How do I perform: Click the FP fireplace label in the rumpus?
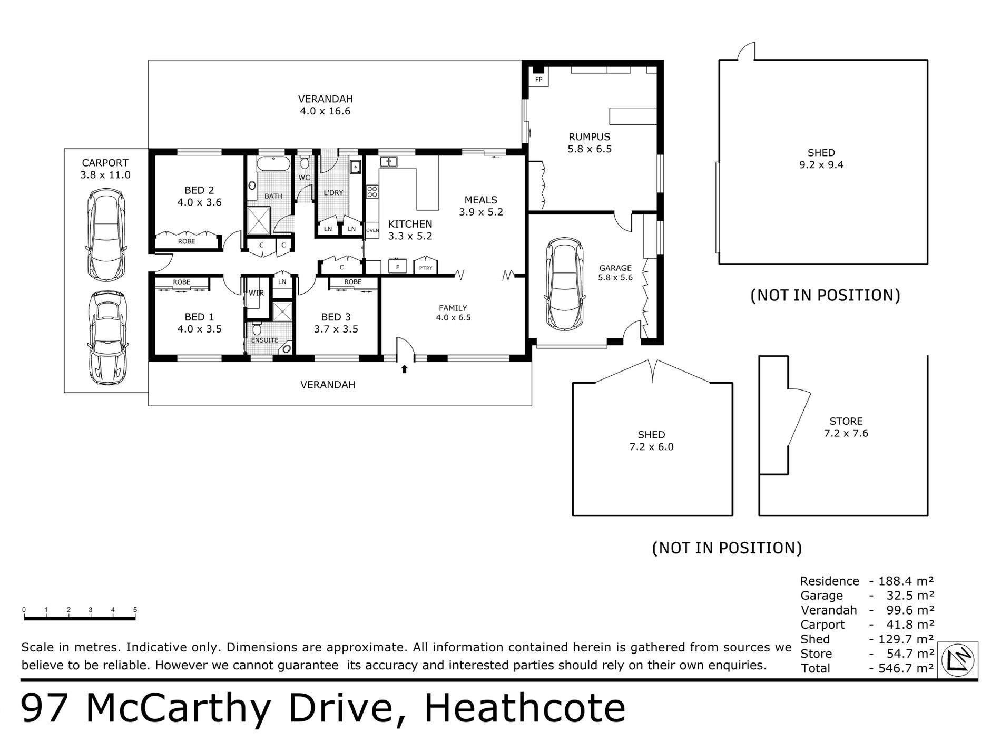(x=538, y=80)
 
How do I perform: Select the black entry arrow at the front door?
(x=405, y=369)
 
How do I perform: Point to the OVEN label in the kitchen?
(x=372, y=230)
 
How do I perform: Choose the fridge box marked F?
(x=398, y=267)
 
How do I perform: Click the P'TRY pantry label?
(x=426, y=268)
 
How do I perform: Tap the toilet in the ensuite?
(x=257, y=329)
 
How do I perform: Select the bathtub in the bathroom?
(x=273, y=163)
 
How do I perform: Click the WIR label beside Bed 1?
(x=257, y=293)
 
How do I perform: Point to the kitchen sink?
(x=389, y=161)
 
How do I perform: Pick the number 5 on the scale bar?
(x=135, y=610)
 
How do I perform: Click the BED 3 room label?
(x=336, y=317)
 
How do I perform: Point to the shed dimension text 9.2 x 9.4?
(x=821, y=165)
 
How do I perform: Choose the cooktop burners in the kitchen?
(x=372, y=192)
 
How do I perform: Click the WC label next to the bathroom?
(x=305, y=178)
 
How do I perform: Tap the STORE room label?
(x=846, y=421)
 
